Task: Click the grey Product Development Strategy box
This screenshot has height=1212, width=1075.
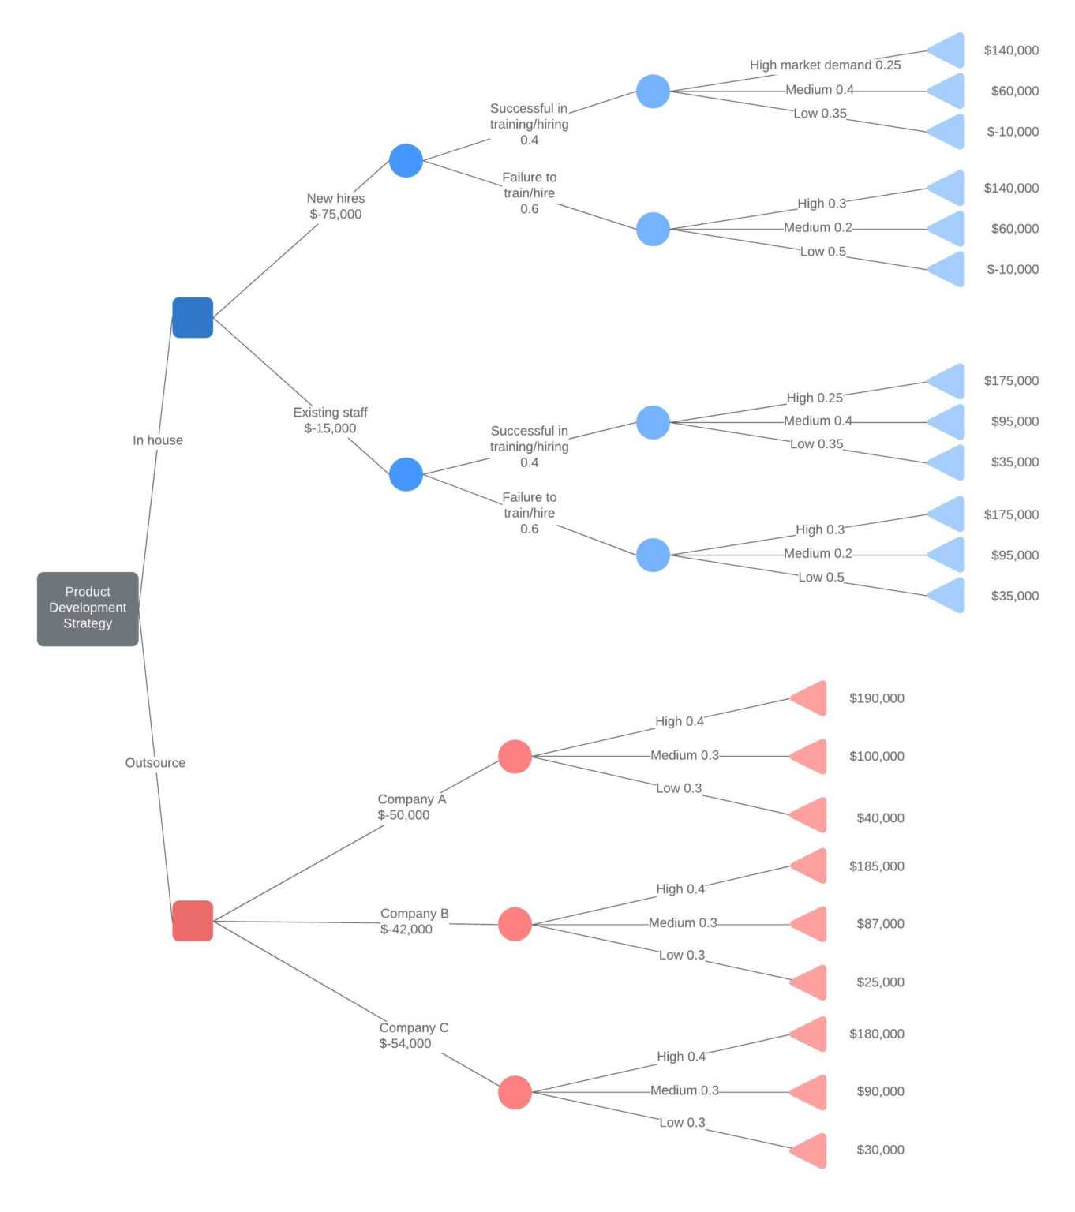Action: pyautogui.click(x=88, y=608)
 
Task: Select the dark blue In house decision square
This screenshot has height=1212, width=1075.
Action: pyautogui.click(x=193, y=317)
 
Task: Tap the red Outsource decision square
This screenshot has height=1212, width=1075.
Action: pyautogui.click(x=193, y=921)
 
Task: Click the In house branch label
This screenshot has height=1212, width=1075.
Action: pyautogui.click(x=158, y=440)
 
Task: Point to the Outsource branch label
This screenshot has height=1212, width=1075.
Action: pyautogui.click(x=155, y=763)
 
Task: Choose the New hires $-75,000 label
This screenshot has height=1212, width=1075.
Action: pyautogui.click(x=335, y=206)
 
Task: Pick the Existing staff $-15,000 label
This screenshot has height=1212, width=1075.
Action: pyautogui.click(x=330, y=421)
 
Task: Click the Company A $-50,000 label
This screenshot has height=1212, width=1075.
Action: pyautogui.click(x=411, y=807)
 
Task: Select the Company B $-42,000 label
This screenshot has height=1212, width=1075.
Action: pyautogui.click(x=414, y=922)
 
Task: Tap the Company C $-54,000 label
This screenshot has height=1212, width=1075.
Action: pyautogui.click(x=414, y=1035)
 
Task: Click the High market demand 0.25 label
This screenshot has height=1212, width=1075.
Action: pyautogui.click(x=825, y=65)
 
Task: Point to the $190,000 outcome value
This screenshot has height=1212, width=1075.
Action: pyautogui.click(x=876, y=698)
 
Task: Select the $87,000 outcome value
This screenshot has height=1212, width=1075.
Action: pyautogui.click(x=880, y=924)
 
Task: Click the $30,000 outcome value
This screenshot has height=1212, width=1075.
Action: pyautogui.click(x=880, y=1150)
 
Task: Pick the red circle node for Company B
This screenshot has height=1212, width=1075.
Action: pyautogui.click(x=515, y=924)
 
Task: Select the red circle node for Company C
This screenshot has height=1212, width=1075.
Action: pyautogui.click(x=515, y=1093)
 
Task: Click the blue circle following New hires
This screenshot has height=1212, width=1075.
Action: pyautogui.click(x=406, y=161)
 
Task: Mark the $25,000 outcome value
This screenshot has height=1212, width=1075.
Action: pyautogui.click(x=880, y=982)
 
